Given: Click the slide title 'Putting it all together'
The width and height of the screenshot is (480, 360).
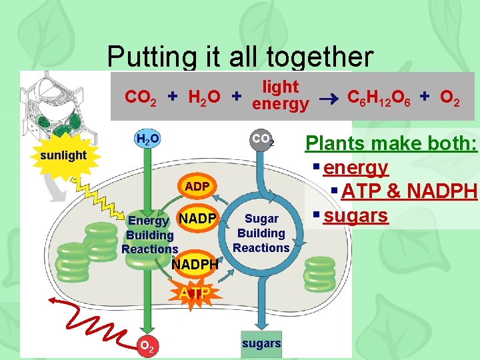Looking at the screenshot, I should coord(239,57).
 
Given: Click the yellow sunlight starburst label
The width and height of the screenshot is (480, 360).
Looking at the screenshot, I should coord(63,155).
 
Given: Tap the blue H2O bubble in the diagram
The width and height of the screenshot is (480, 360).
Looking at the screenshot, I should coord(147,139).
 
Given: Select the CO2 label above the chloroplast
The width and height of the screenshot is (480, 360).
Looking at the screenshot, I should coord(262,141).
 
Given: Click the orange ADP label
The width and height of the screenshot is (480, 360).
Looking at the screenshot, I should coord(197,187).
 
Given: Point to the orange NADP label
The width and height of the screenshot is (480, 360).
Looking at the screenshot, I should coord(198,218).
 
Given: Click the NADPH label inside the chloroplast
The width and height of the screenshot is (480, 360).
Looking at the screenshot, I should coord(195,265).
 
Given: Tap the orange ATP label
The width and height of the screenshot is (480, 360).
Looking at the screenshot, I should coord(194,293).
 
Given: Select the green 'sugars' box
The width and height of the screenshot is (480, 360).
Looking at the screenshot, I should coord(261,343).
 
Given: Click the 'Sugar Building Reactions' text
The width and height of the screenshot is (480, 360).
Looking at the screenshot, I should coord(261,233).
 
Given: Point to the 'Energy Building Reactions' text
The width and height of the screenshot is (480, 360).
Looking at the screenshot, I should coord(150,235).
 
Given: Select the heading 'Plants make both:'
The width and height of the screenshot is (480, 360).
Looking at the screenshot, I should coord(391,143).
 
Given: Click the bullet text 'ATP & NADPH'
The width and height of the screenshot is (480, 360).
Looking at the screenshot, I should coord(409,191).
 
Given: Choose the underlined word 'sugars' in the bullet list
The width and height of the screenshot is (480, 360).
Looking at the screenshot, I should coord(355,215).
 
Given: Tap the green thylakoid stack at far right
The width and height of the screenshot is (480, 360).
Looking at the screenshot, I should coord(319,273).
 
